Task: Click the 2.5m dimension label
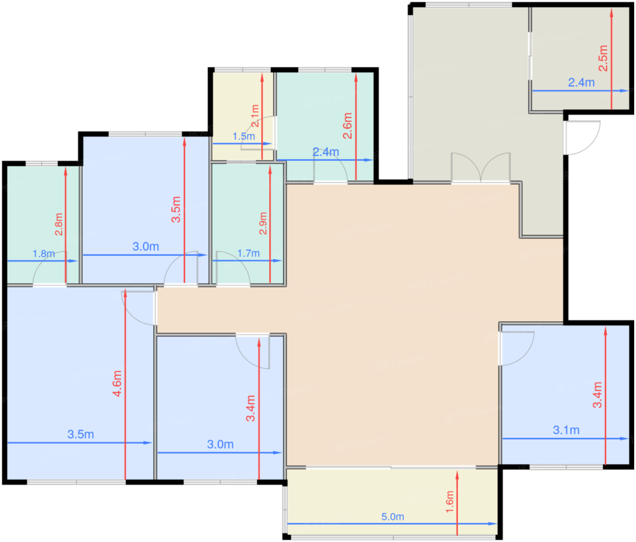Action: coord(603,58)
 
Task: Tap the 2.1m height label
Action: coord(255,115)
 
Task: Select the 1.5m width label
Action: coord(243,136)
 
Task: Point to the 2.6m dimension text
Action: coord(348,126)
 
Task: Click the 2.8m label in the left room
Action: coord(59,224)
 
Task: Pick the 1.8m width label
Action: coord(44,254)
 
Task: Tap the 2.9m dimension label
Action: coord(263,223)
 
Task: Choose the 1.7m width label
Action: coord(248,253)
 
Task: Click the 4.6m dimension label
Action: coord(117,383)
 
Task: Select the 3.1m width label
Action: coord(566,430)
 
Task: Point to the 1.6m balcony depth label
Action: coord(450,502)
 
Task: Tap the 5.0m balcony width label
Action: coord(393,517)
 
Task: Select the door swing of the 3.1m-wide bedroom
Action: coord(516,348)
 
